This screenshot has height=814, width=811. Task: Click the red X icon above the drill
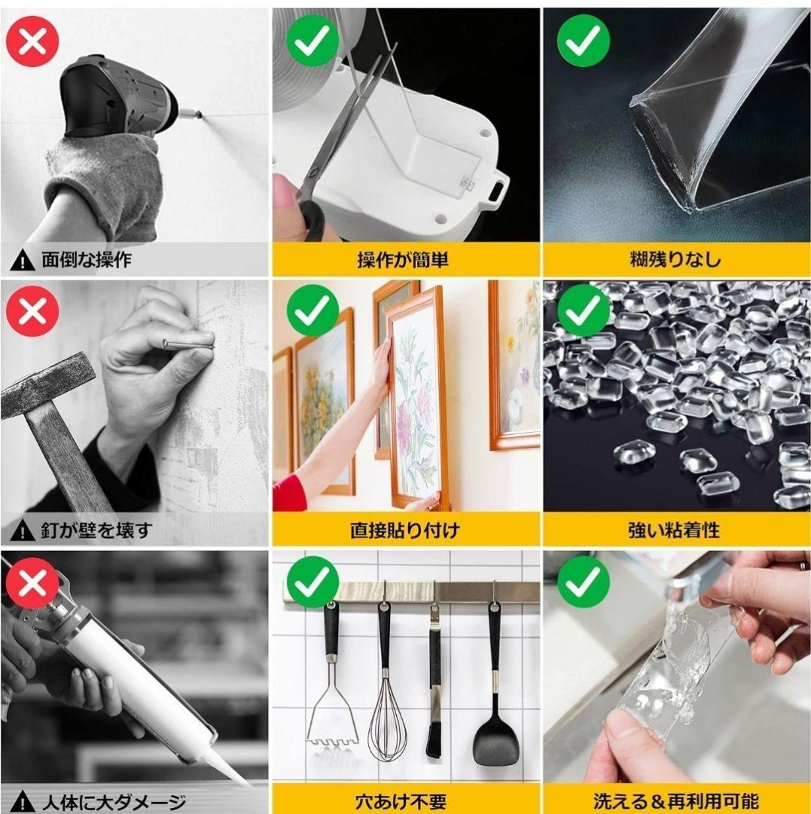[32, 41]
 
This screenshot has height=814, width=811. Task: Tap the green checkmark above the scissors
[313, 41]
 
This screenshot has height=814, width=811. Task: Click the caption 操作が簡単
[402, 259]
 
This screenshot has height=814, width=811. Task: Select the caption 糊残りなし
[675, 259]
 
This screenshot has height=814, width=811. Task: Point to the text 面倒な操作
[87, 259]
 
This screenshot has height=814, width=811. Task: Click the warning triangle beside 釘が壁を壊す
[23, 531]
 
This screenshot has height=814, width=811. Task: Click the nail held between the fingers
[188, 342]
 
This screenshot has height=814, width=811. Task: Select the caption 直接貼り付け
[405, 531]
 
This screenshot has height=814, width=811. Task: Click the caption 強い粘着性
[674, 531]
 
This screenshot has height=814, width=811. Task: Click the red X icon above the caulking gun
[32, 583]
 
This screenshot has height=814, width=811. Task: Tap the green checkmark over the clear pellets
[583, 311]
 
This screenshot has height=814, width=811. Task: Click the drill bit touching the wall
[191, 114]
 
